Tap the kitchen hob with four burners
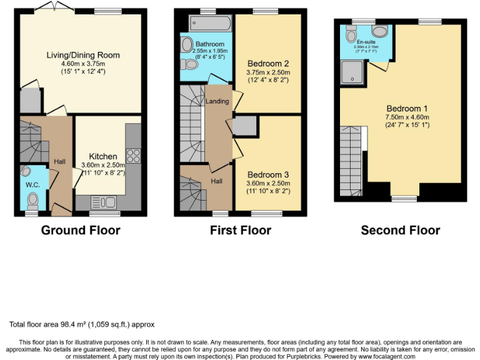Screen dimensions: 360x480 tap(132, 155)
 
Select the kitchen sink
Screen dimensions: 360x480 tap(103, 202)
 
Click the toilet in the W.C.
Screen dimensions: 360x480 tap(33, 199)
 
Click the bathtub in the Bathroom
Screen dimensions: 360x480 tap(210, 24)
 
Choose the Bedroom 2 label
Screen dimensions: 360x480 tap(267, 64)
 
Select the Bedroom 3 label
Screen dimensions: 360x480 tap(267, 174)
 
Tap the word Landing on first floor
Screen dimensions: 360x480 tap(217, 101)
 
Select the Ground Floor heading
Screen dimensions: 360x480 tap(81, 231)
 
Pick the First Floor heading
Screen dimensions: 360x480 tap(241, 231)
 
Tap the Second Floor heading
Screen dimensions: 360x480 tap(401, 231)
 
